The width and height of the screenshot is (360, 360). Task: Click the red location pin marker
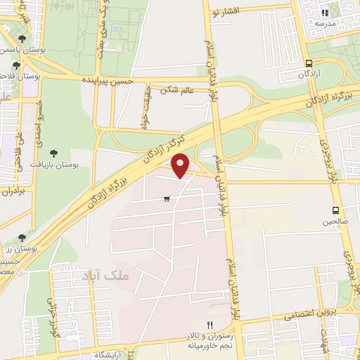[181, 165]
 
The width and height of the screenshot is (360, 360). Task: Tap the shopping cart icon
[166, 199]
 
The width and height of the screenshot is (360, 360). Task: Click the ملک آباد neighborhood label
[106, 276]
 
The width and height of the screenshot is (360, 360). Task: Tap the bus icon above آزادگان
[309, 63]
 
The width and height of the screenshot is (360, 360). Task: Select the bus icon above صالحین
[335, 210]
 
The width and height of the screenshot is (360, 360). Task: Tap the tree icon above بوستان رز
[22, 238]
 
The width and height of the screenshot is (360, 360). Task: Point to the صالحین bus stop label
[335, 221]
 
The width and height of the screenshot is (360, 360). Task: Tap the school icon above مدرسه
[324, 13]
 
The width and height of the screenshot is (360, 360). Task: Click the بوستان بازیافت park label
[53, 163]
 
